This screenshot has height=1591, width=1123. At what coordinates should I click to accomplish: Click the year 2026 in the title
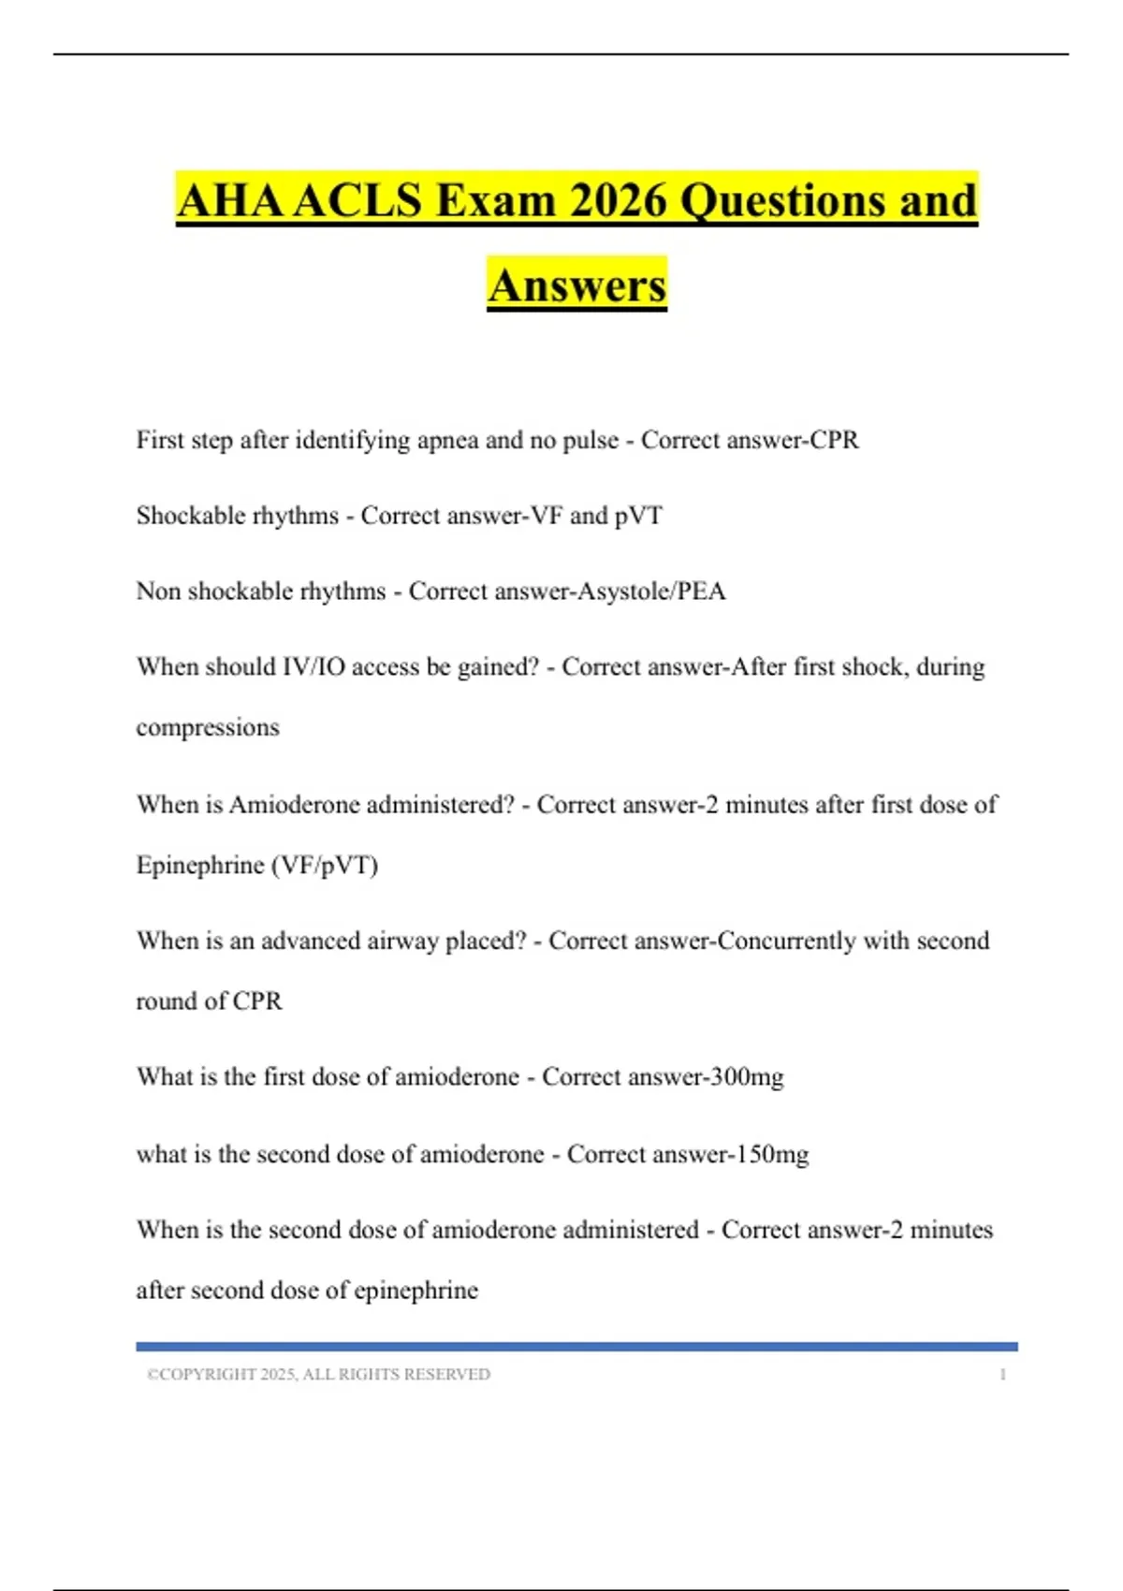pyautogui.click(x=619, y=200)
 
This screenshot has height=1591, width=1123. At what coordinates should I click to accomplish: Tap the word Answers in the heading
pyautogui.click(x=576, y=285)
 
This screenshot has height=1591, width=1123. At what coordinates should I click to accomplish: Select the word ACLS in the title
pyautogui.click(x=357, y=200)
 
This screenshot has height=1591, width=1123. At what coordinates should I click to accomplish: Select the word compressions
pyautogui.click(x=208, y=727)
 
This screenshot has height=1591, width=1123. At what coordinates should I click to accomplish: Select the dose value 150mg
pyautogui.click(x=772, y=1154)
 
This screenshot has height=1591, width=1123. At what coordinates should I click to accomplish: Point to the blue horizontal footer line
pyautogui.click(x=576, y=1347)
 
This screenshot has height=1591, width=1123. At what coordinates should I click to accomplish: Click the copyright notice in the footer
pyautogui.click(x=318, y=1375)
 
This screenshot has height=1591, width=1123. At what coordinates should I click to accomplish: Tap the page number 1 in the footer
pyautogui.click(x=1002, y=1375)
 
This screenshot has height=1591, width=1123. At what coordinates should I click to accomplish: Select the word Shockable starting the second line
pyautogui.click(x=190, y=516)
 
